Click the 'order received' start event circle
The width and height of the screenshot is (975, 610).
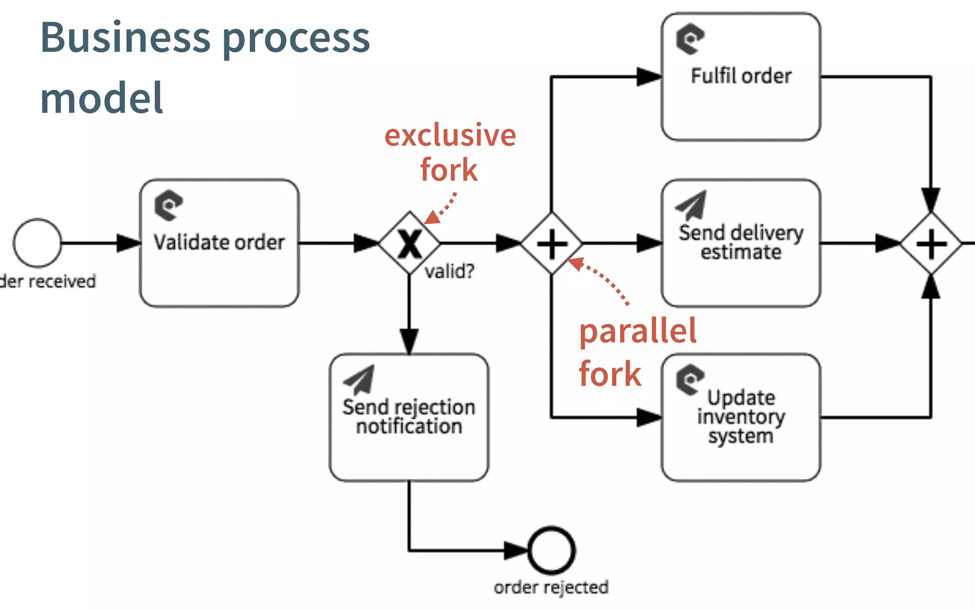tap(37, 243)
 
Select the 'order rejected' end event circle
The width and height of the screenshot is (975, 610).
tap(551, 550)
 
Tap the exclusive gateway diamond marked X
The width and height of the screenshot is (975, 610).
tap(409, 243)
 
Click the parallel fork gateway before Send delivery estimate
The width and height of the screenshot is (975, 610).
tap(551, 244)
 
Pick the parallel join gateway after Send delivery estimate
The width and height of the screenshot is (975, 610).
tap(931, 244)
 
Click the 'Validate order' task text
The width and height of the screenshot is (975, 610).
tap(219, 242)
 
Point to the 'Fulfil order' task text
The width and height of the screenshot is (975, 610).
tap(741, 76)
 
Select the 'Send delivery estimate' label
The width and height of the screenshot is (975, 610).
tap(741, 242)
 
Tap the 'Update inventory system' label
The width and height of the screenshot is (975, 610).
tap(741, 417)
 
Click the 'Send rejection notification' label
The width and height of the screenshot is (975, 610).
tap(409, 417)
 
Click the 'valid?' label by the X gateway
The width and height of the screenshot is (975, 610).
tap(449, 272)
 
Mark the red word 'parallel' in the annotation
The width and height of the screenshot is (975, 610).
tap(637, 332)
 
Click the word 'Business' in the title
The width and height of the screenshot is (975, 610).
tap(125, 38)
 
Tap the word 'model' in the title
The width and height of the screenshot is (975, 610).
tap(101, 98)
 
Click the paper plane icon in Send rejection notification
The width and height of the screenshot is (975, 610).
tap(360, 379)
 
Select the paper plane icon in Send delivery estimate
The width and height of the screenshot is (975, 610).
tap(692, 205)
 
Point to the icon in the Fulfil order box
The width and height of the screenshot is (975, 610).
tap(690, 38)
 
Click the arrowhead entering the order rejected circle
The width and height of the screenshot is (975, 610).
tap(516, 550)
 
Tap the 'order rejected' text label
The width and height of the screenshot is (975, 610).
tap(551, 587)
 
